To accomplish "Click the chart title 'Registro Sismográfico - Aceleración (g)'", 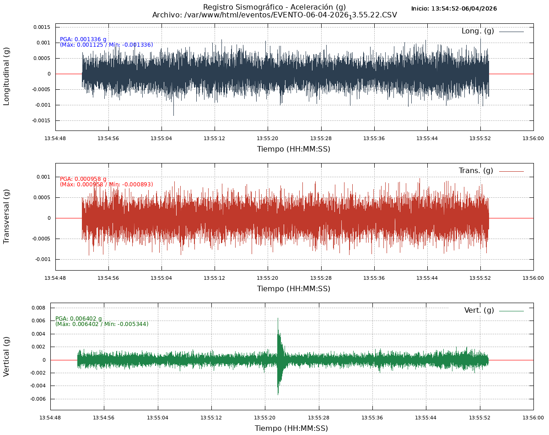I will (274, 7).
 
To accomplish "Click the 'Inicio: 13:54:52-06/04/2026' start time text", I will (454, 9).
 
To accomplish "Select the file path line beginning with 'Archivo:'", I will (274, 15).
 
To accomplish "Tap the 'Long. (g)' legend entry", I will (478, 31).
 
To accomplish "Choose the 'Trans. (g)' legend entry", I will (476, 171).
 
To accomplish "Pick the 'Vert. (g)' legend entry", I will (479, 310).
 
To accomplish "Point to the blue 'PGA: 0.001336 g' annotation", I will (83, 39).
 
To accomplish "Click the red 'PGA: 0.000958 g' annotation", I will (83, 179).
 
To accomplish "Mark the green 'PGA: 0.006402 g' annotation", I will (79, 319).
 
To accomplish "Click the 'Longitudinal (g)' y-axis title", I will (6, 76).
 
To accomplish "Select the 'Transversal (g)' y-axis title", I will (6, 216).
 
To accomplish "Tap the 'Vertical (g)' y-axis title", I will (6, 356).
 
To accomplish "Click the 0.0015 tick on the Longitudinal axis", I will (42, 27).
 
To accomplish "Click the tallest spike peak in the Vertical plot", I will (278, 318).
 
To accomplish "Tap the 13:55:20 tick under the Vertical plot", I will (265, 418).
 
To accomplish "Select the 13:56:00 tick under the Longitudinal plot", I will (533, 138).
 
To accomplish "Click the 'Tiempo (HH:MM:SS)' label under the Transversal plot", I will (293, 289).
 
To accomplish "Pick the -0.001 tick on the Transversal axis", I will (43, 259).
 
